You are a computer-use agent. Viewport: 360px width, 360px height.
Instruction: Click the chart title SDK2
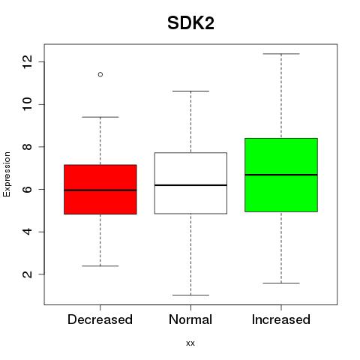tap(190, 23)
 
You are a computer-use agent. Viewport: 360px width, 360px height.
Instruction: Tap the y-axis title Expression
tap(7, 174)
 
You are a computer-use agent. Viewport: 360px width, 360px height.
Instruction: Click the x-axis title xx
tap(190, 343)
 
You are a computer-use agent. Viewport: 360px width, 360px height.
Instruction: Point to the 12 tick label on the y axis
tap(27, 61)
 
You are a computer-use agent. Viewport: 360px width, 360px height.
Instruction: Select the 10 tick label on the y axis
tap(27, 104)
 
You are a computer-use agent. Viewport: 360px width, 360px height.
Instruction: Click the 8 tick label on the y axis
tap(27, 147)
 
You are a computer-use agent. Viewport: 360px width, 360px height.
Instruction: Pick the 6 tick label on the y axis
tap(27, 189)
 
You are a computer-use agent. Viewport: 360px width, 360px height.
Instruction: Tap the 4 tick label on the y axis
tap(27, 232)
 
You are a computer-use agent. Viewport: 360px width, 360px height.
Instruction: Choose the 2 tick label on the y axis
tap(27, 274)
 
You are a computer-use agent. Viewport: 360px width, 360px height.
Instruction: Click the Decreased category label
tap(100, 319)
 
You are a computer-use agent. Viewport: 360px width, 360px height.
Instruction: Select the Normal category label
tap(190, 319)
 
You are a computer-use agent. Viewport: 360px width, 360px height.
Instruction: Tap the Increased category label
tap(281, 319)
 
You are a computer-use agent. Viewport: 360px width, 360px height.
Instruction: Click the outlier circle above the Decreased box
tap(100, 74)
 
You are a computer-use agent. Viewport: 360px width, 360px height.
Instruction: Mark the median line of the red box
tap(100, 190)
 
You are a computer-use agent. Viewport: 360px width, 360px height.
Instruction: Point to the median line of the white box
tap(190, 185)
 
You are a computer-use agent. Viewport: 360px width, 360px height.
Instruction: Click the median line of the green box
tap(281, 175)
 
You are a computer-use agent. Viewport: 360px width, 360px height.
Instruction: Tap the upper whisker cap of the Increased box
tap(281, 54)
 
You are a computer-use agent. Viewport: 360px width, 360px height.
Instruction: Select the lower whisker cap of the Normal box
tap(190, 295)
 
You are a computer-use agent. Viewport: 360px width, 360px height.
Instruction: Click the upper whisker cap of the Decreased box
tap(100, 117)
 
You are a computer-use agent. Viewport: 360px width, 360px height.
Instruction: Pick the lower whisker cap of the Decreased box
tap(100, 266)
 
